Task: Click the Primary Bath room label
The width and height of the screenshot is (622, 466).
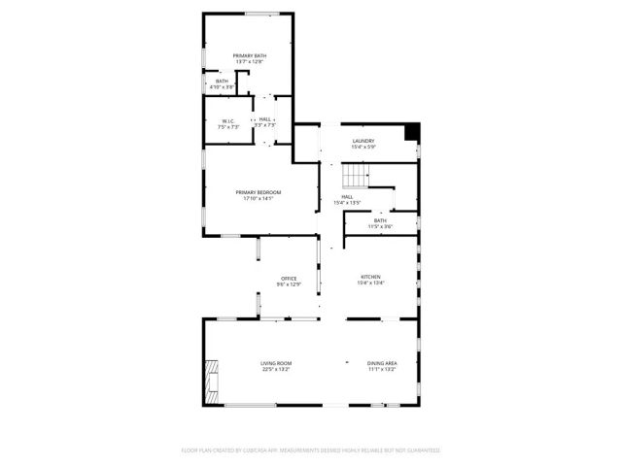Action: [x=250, y=56]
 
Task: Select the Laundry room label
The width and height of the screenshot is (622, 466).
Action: [x=363, y=141]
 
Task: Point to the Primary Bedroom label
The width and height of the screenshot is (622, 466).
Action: [x=259, y=192]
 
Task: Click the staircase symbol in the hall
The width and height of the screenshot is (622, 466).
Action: [x=357, y=176]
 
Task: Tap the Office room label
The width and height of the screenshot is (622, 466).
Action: [x=289, y=279]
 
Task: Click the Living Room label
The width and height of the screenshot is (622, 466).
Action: [x=276, y=363]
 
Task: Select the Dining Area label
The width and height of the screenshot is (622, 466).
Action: [x=382, y=363]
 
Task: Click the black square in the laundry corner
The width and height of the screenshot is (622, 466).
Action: [x=412, y=131]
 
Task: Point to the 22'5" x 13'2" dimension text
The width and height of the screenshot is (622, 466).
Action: [x=276, y=370]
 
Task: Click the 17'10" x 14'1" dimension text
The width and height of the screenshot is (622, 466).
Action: [x=259, y=199]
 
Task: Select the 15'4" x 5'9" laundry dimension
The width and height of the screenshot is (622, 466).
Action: [x=363, y=148]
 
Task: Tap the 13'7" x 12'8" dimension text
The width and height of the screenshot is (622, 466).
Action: [x=250, y=63]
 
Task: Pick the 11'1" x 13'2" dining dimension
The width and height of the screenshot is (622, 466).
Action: [x=382, y=370]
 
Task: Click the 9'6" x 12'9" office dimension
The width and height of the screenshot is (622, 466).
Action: [x=289, y=285]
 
